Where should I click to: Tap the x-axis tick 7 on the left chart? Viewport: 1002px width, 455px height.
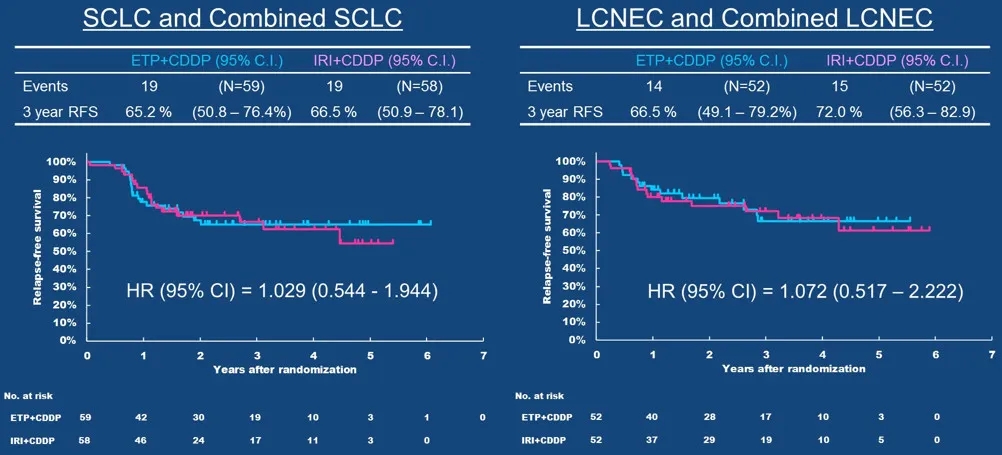point(483,356)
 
